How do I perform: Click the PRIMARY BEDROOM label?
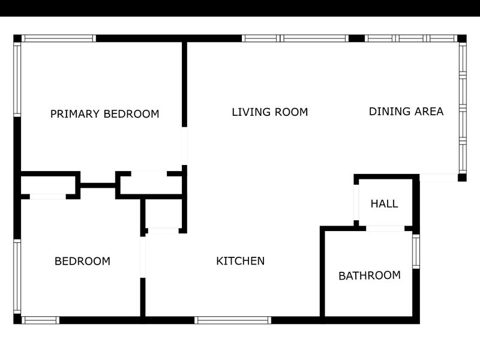point(104,114)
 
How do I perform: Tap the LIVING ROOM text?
point(269,112)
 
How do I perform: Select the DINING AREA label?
point(406,112)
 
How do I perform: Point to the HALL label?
point(384,203)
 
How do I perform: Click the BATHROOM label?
point(370,275)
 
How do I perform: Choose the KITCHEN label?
point(241,261)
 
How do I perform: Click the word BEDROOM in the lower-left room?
point(82,261)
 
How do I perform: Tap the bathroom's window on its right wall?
point(416,251)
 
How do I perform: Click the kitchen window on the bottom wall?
point(233,320)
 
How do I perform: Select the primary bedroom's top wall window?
point(59,38)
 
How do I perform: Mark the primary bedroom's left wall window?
point(17,80)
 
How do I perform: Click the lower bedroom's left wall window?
point(17,277)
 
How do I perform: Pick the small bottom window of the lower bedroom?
point(40,320)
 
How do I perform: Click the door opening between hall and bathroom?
point(385,229)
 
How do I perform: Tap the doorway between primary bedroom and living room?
point(184,146)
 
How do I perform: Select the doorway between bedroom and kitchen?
point(143,257)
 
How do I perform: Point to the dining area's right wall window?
point(463,108)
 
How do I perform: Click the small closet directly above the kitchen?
point(163,214)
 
